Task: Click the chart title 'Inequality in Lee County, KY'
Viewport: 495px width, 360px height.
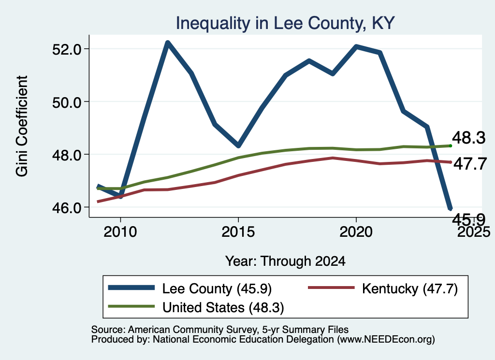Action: click(x=285, y=23)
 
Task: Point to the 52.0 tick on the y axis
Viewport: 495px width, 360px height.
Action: click(x=67, y=49)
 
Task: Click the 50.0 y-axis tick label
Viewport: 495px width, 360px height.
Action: click(x=67, y=102)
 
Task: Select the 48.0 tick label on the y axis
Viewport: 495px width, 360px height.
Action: click(x=67, y=155)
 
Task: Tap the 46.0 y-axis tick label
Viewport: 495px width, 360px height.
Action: click(x=67, y=208)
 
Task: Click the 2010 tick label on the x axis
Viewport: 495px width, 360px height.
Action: click(x=120, y=232)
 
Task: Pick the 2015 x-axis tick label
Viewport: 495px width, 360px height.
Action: click(x=238, y=232)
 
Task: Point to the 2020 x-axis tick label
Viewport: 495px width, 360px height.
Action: click(x=356, y=232)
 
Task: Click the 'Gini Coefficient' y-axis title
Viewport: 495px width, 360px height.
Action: click(x=22, y=126)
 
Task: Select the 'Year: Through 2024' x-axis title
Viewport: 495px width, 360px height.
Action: click(x=285, y=261)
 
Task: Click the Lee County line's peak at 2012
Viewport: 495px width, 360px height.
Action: click(x=168, y=43)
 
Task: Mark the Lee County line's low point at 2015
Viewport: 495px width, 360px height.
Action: click(x=238, y=145)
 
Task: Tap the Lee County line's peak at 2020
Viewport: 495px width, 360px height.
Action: click(x=356, y=47)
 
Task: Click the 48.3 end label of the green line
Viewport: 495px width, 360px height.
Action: click(x=468, y=138)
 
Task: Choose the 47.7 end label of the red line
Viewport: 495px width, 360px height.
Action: click(x=470, y=164)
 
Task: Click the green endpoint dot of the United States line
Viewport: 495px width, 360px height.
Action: click(x=451, y=146)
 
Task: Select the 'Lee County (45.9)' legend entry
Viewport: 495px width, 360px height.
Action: click(x=189, y=288)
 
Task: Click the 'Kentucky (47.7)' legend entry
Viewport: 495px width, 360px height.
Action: click(x=383, y=288)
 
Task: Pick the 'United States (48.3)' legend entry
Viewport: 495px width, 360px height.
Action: click(x=196, y=307)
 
